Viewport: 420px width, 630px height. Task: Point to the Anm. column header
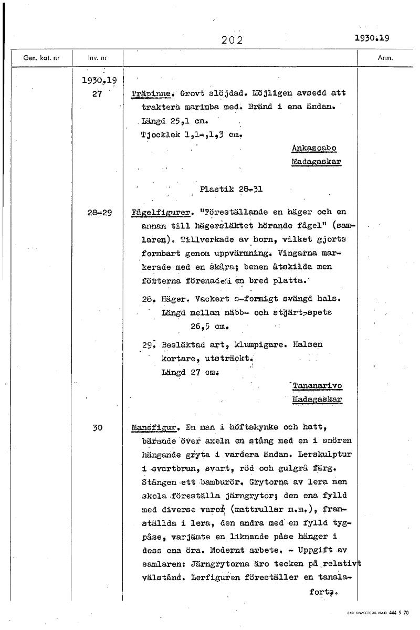coord(385,58)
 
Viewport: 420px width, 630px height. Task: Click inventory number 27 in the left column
coord(96,94)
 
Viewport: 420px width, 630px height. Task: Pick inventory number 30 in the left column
coord(97,428)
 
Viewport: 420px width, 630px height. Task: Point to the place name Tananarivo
coord(317,386)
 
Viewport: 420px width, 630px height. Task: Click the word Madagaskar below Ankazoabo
coord(316,162)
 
